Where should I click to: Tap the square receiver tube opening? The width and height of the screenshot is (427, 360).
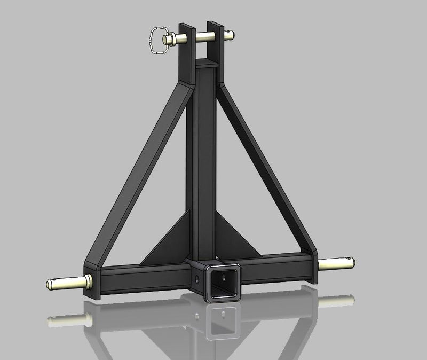222,283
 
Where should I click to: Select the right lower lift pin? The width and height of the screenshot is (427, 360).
337,263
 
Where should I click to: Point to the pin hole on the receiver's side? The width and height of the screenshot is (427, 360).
197,279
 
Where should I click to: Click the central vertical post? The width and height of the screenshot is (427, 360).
205,160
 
